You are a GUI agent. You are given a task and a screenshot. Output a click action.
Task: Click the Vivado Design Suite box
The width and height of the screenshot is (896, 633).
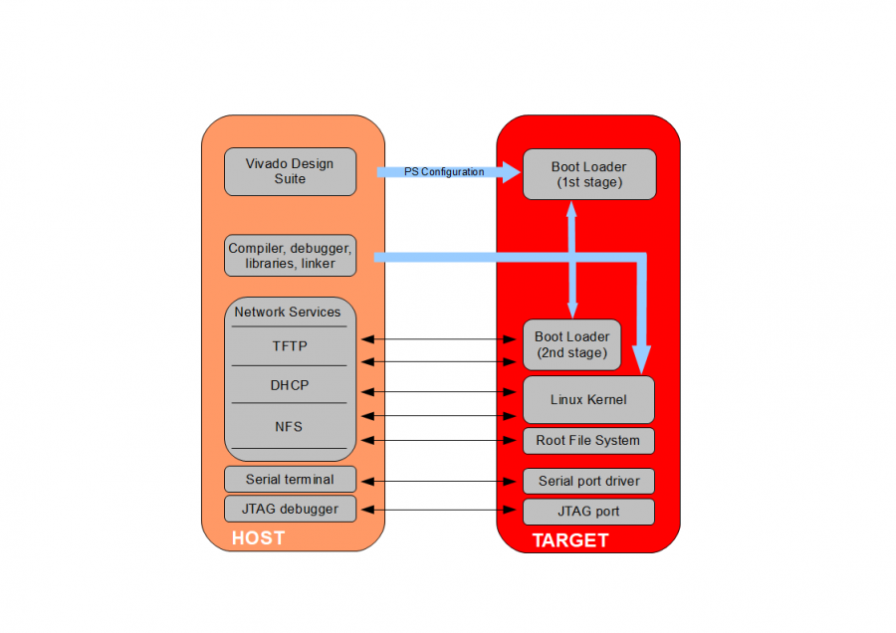pyautogui.click(x=290, y=171)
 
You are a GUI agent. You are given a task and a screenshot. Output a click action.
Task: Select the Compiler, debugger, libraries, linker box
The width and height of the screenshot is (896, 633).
pyautogui.click(x=290, y=256)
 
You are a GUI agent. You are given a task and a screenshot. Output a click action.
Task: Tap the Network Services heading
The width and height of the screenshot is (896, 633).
pyautogui.click(x=288, y=313)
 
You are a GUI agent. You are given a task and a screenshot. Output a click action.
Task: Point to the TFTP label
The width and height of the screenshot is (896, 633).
pyautogui.click(x=290, y=346)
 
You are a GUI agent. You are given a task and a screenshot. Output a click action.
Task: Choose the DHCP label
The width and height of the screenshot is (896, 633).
pyautogui.click(x=290, y=385)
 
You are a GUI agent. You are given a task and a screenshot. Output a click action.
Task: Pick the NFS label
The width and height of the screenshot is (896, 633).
pyautogui.click(x=289, y=427)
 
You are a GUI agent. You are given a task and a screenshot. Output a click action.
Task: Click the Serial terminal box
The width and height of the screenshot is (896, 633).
pyautogui.click(x=290, y=480)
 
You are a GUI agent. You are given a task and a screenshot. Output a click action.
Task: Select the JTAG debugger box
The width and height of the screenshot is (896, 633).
pyautogui.click(x=290, y=510)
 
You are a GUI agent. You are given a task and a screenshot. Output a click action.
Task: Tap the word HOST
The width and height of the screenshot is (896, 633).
pyautogui.click(x=258, y=538)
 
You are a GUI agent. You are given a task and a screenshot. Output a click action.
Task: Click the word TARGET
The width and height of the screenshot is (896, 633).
pyautogui.click(x=570, y=540)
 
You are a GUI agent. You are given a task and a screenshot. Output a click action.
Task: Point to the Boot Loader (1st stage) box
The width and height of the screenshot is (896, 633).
pyautogui.click(x=589, y=174)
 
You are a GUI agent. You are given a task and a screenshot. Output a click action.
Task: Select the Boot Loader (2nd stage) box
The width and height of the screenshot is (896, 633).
pyautogui.click(x=572, y=344)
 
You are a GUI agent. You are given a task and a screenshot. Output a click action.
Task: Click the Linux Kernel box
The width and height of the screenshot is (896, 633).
pyautogui.click(x=588, y=400)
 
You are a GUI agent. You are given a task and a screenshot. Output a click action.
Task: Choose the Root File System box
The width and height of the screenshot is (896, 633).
pyautogui.click(x=588, y=441)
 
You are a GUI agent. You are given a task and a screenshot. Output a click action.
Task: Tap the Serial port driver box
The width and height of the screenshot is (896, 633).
pyautogui.click(x=588, y=482)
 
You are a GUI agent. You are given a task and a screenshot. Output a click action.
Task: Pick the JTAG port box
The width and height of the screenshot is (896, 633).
pyautogui.click(x=588, y=512)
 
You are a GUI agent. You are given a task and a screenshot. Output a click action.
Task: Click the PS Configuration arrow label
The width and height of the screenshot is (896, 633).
pyautogui.click(x=444, y=172)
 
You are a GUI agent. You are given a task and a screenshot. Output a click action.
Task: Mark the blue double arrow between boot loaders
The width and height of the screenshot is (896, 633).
pyautogui.click(x=572, y=259)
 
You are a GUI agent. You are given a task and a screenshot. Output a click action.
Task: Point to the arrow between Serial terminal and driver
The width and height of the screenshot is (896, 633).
pyautogui.click(x=440, y=482)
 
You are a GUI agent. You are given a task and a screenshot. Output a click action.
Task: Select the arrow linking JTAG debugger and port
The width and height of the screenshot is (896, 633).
pyautogui.click(x=440, y=511)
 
